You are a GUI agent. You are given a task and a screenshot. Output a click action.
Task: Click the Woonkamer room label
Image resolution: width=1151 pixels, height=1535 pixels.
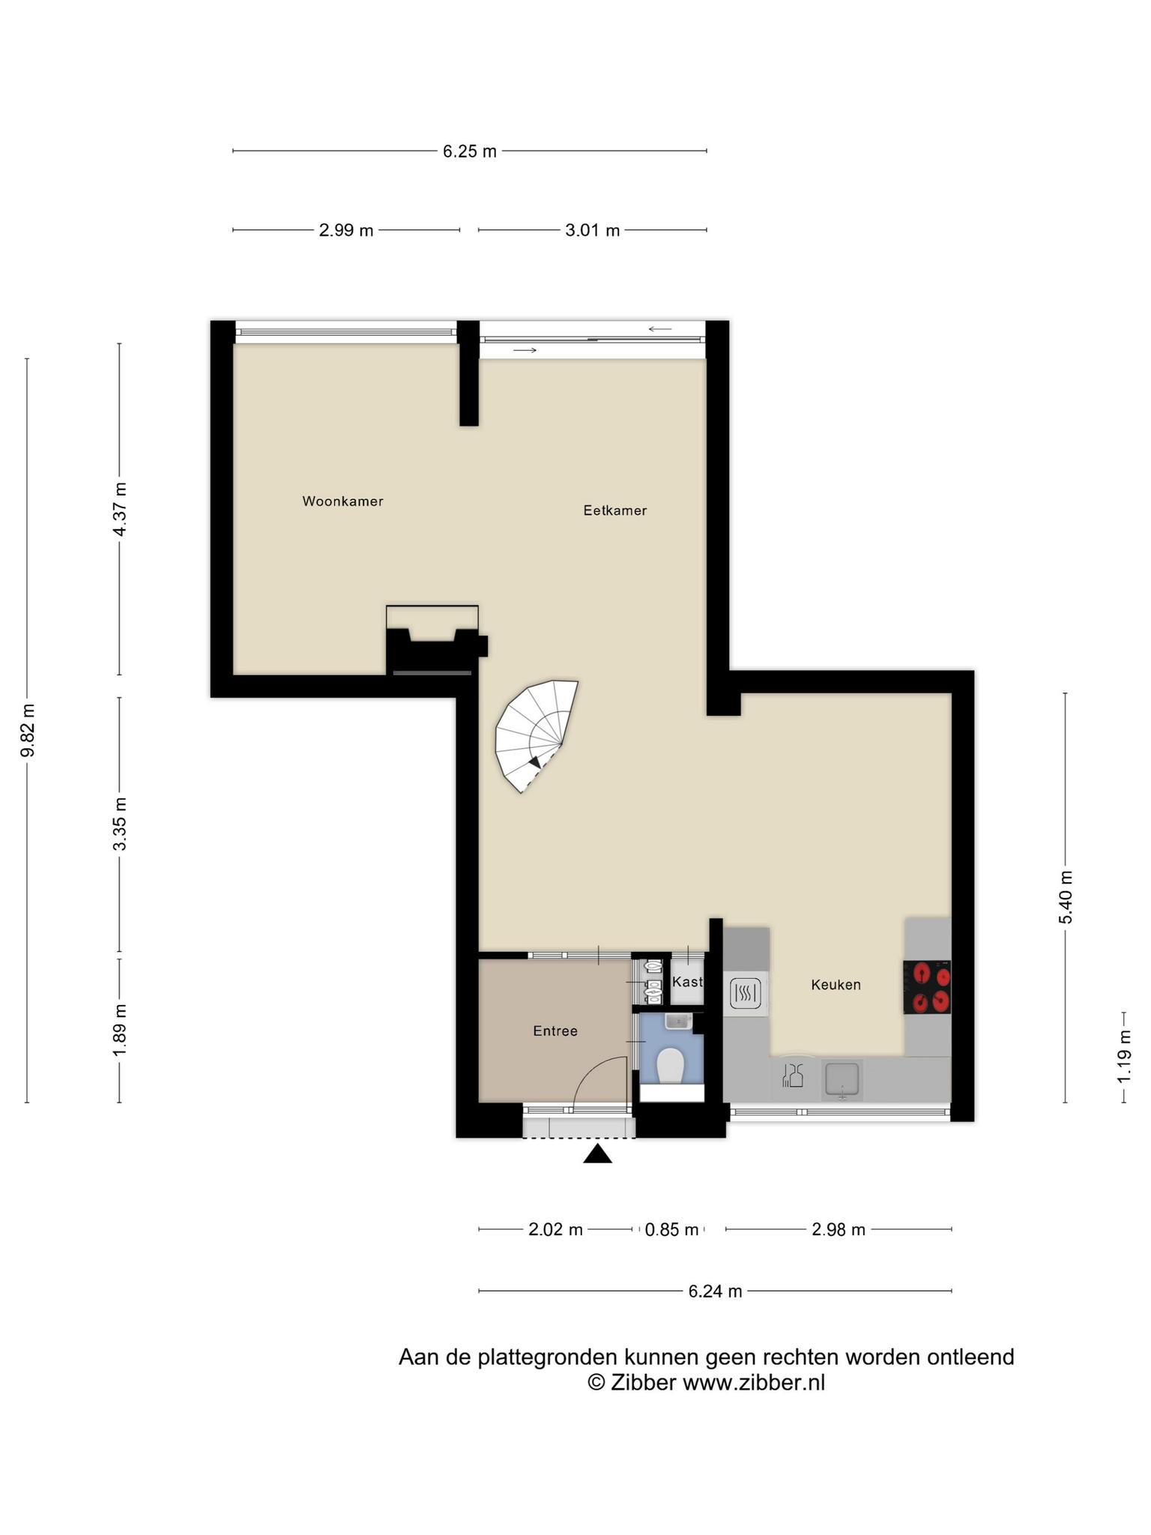coord(342,501)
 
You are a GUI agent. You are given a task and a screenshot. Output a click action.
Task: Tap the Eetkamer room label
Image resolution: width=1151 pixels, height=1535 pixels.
coord(614,510)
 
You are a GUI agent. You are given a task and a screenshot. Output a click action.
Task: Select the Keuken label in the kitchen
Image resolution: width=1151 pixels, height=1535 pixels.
coord(836,985)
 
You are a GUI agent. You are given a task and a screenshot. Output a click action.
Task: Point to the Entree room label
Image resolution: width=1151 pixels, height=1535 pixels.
coord(555,1031)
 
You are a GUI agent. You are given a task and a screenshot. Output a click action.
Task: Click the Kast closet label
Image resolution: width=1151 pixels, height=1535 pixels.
coord(687,982)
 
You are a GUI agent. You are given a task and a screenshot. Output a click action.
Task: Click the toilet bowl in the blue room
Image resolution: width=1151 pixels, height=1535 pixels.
coord(670,1065)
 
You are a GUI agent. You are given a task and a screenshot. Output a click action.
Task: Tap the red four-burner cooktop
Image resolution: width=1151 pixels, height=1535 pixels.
coord(928,988)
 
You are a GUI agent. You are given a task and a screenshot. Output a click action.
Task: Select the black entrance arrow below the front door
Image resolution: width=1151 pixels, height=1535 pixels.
coord(597,1153)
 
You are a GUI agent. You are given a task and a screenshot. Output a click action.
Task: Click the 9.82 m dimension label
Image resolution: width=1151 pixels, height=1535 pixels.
coord(28,730)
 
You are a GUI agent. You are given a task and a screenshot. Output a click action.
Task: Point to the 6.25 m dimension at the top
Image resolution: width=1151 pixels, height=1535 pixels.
coord(470,151)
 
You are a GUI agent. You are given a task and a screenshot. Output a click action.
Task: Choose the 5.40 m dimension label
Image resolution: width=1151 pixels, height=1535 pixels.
coord(1066,897)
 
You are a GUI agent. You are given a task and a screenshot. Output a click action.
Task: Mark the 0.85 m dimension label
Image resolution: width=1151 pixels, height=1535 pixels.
coord(671,1230)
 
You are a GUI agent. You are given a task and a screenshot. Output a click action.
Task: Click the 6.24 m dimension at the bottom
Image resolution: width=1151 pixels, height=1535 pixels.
coord(715,1291)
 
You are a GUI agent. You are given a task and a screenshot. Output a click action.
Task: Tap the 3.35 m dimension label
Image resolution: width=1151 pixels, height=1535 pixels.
coord(120,824)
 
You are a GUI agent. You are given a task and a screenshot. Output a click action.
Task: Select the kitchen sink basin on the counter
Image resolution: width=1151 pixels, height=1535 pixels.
coord(842,1080)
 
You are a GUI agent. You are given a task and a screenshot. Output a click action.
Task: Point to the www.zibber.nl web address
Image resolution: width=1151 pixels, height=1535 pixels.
coord(753,1383)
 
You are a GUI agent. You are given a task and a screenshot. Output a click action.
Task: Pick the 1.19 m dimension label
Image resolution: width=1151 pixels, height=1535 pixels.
coord(1124,1056)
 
